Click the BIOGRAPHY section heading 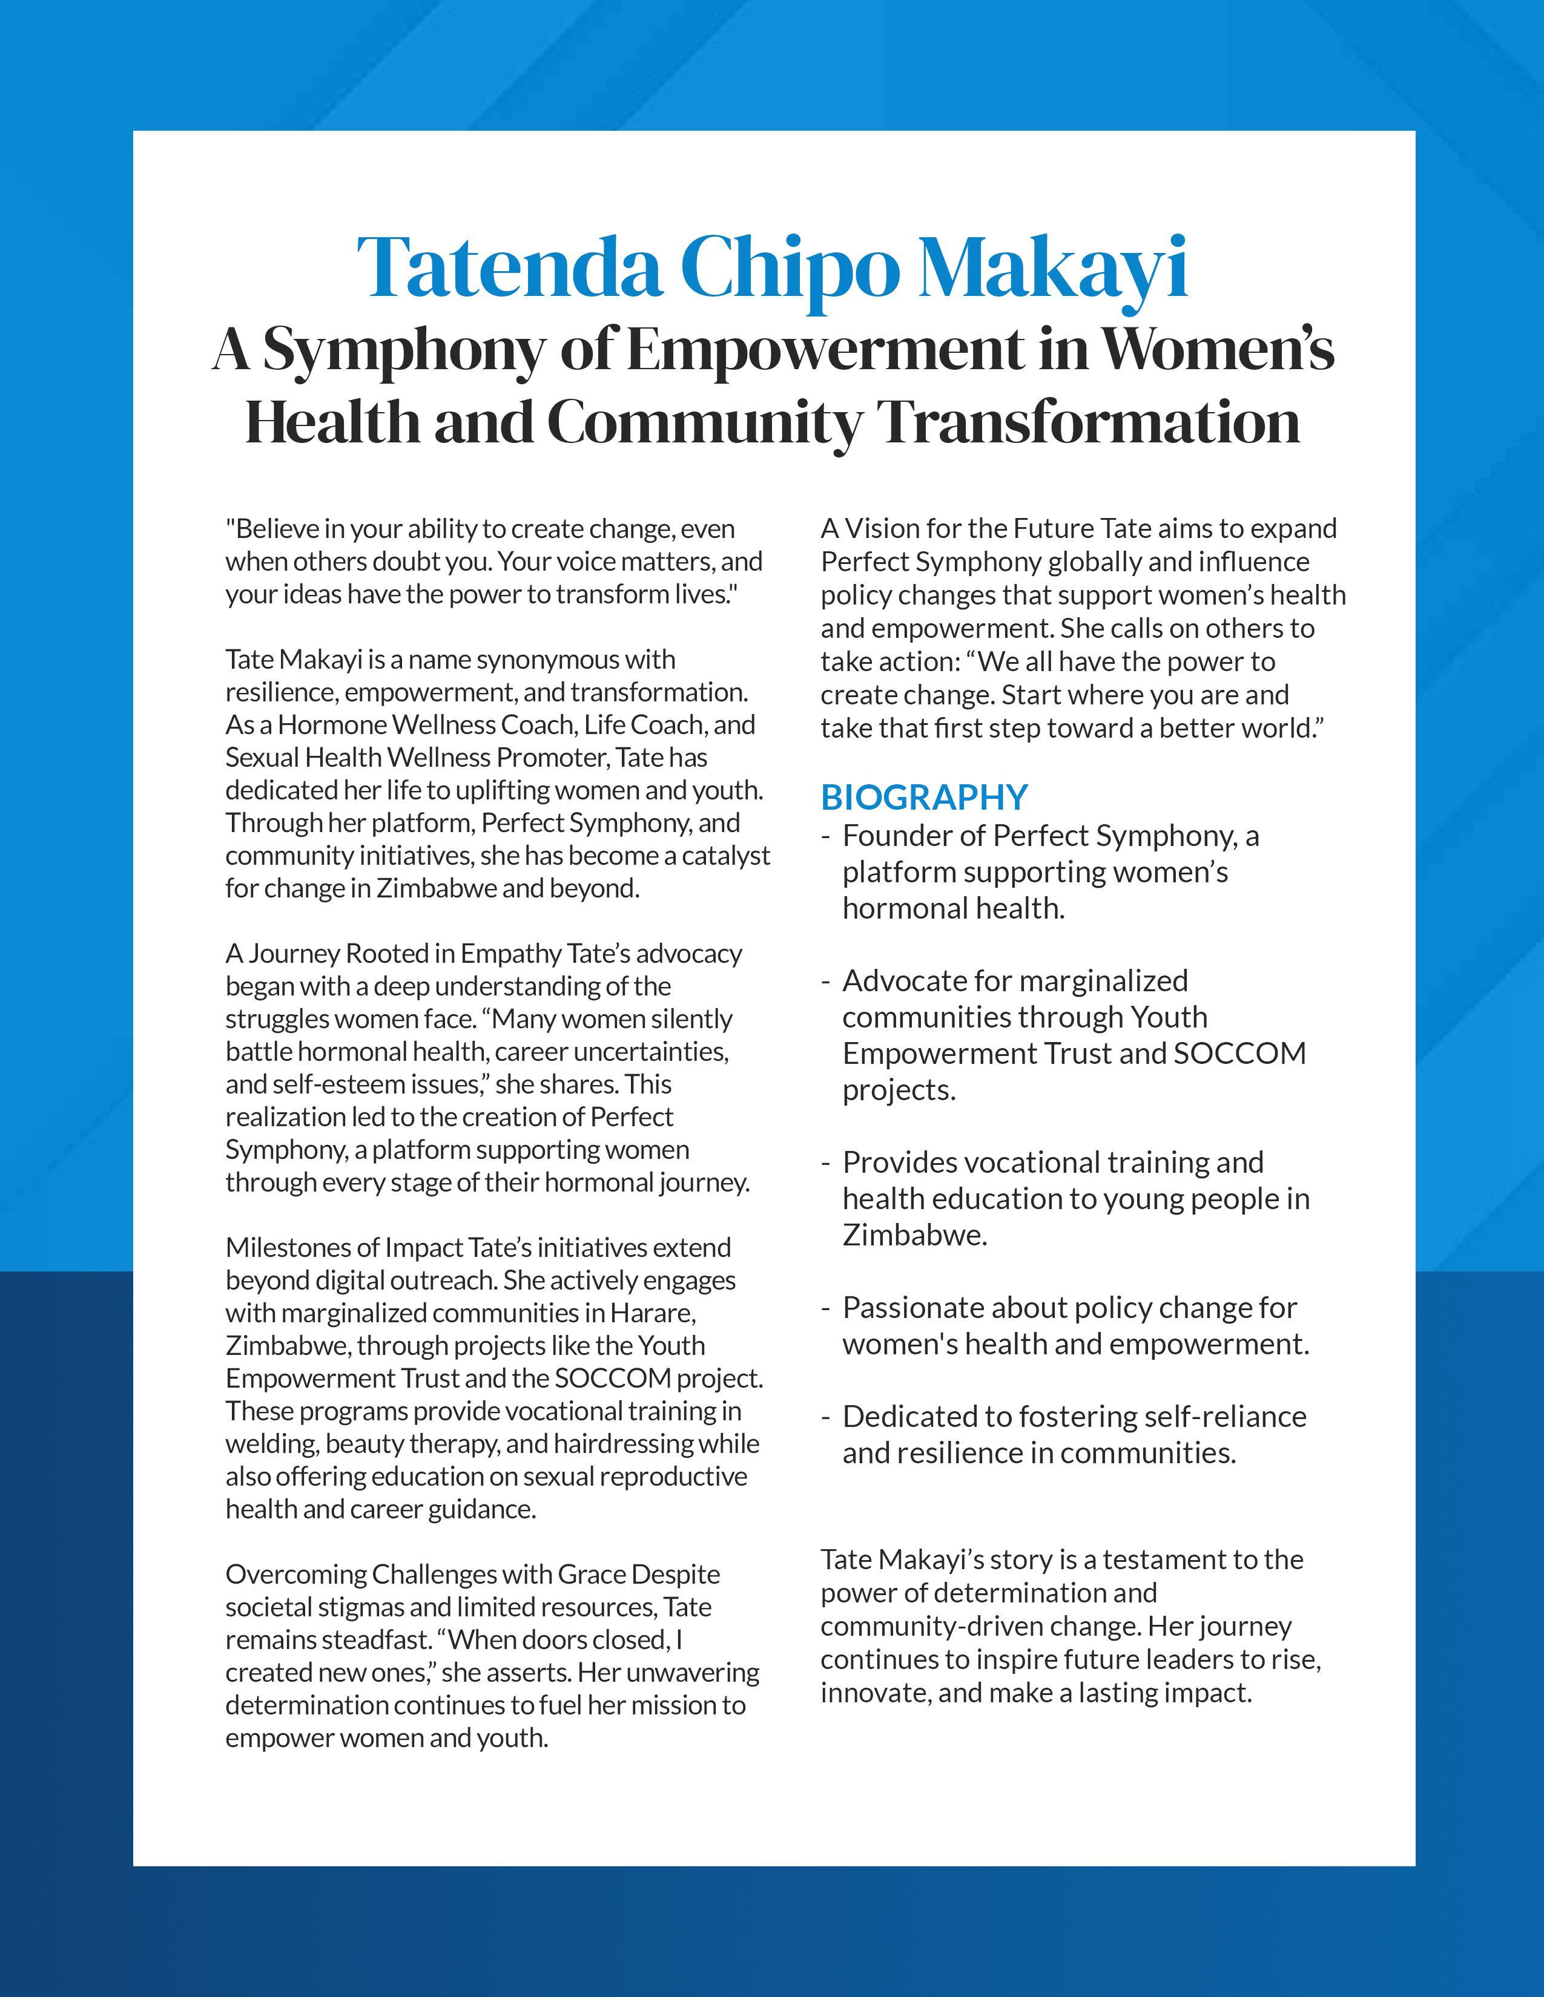924,798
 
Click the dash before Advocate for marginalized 826,981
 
